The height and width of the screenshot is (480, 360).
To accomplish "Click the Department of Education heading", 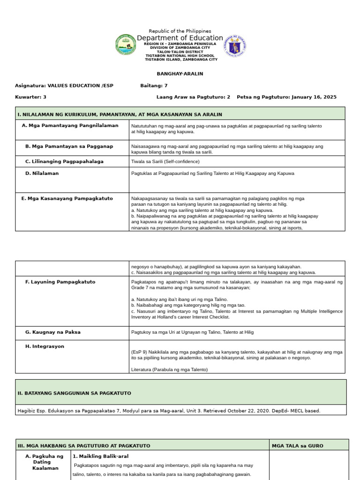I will (180, 38).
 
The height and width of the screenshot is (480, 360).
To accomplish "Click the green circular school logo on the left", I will (125, 45).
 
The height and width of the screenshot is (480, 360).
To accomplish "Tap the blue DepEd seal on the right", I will (235, 45).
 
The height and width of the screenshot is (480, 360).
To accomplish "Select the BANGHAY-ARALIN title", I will (180, 74).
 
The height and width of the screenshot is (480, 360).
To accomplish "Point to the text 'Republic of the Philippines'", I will (180, 31).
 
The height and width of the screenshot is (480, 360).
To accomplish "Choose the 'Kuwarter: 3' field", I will (31, 97).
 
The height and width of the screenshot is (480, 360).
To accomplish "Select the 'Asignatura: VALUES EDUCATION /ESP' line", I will (64, 86).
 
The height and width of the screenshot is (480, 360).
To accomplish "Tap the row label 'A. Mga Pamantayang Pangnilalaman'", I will (70, 126).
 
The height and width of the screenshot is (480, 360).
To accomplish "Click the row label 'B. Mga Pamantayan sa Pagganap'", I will (69, 146).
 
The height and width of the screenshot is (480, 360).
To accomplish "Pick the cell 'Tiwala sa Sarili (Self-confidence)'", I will (165, 161).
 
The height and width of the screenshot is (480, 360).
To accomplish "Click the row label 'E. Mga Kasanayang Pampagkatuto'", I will (67, 198).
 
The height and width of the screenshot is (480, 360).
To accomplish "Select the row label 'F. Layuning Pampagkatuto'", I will (60, 282).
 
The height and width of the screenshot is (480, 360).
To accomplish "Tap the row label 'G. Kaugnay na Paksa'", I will (52, 332).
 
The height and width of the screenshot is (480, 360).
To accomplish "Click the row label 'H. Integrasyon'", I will (45, 346).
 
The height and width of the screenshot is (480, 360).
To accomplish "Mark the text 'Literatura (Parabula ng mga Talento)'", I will (169, 369).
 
